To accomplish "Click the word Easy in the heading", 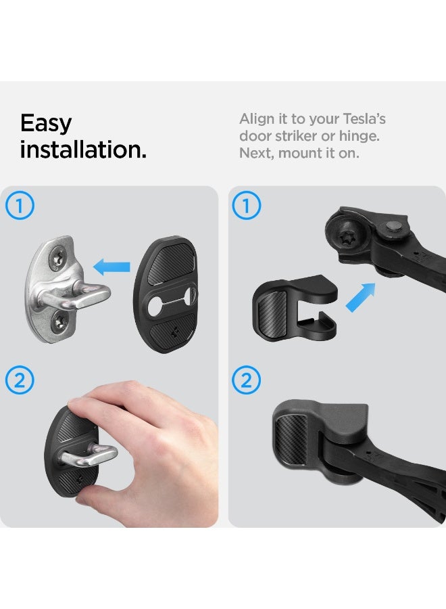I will (46, 124).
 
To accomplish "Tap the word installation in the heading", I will (82, 150).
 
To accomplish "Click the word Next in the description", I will (255, 153).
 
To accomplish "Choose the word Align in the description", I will (256, 119).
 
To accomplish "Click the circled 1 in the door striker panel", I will (20, 206).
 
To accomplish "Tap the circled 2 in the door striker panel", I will (20, 381).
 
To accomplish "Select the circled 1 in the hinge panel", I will (247, 206).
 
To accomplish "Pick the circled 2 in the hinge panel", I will (247, 381).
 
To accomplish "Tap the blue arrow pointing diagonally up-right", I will (361, 298).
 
